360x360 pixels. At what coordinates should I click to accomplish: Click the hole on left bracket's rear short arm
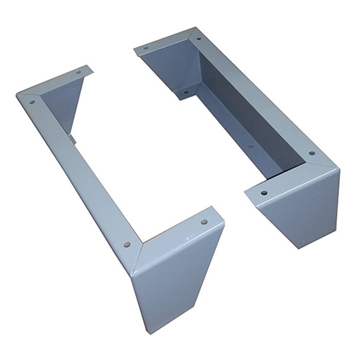(78, 73)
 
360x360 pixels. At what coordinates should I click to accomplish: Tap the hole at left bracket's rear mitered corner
(32, 102)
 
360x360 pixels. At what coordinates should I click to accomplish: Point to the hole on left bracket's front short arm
(204, 222)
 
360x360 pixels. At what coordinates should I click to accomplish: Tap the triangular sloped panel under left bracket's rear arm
(64, 103)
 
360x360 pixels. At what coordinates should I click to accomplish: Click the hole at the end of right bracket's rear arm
(146, 48)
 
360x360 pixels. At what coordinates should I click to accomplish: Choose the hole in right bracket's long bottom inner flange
(250, 147)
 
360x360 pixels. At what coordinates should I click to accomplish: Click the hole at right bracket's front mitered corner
(312, 153)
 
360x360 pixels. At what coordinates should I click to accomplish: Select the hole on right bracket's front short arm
(264, 193)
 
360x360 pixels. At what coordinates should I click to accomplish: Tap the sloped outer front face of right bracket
(303, 216)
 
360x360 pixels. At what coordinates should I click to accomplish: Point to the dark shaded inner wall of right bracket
(247, 103)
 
